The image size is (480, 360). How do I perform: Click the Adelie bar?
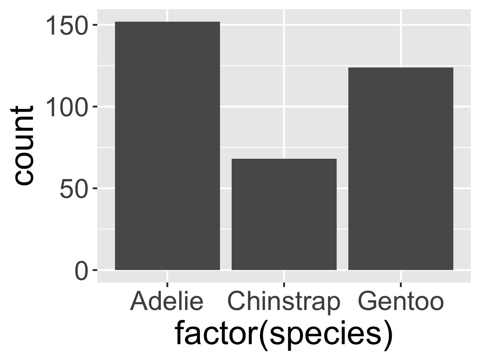point(167,146)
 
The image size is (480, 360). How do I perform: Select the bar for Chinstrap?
point(284,214)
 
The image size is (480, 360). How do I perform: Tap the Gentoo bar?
point(400,169)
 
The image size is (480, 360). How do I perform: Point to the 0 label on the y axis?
point(82,271)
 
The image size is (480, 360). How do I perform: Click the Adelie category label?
point(167,302)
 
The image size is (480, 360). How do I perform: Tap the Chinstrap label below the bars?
point(284,302)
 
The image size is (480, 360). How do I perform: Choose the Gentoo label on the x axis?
point(400,302)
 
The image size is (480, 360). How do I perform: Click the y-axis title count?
point(23,146)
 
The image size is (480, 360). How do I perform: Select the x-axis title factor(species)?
point(284,334)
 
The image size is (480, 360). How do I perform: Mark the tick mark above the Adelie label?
point(167,285)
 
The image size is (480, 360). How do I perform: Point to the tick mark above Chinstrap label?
point(284,285)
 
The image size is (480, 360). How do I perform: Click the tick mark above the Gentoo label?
point(400,285)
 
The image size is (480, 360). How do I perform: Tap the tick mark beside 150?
point(95,25)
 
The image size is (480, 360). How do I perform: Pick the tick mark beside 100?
point(95,107)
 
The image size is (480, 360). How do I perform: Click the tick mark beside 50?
point(95,188)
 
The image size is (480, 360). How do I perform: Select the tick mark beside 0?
point(95,270)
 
